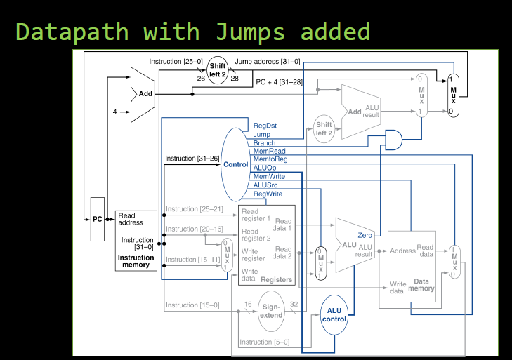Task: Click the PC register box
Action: pos(98,219)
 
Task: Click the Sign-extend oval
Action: pos(272,311)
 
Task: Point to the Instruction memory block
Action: pos(135,240)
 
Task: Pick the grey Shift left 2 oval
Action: pos(324,129)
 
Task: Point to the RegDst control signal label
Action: pos(265,126)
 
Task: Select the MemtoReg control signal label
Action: pos(269,160)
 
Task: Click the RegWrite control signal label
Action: pos(268,194)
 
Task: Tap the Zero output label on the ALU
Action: pos(365,235)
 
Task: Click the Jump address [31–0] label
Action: pos(268,62)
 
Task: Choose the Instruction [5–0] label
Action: pos(254,342)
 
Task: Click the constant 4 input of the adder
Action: pos(115,112)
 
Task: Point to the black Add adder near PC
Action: pos(143,94)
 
